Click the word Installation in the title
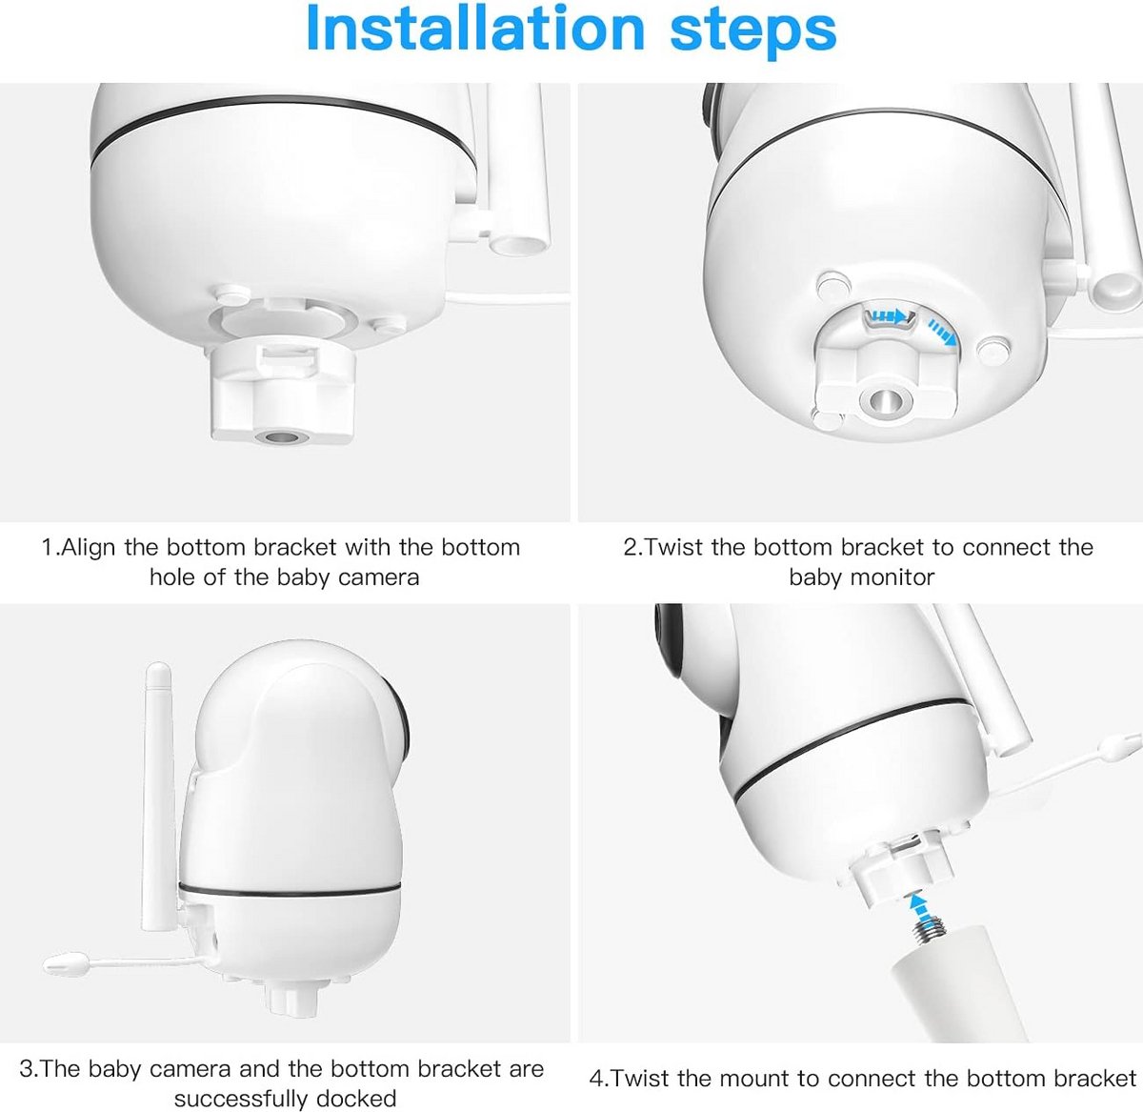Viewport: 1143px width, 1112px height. [475, 29]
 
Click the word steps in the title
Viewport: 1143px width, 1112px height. [752, 31]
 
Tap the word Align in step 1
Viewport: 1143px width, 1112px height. [88, 548]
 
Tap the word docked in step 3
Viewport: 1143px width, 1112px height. [356, 1098]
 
